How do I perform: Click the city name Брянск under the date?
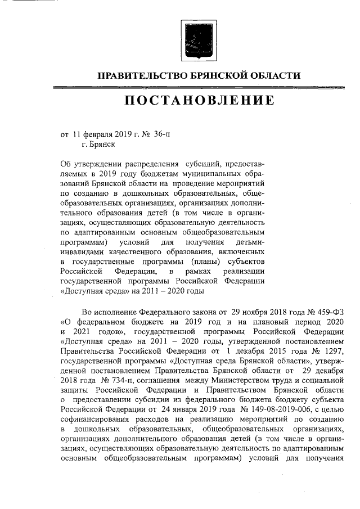101,145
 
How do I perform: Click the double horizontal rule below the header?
199,87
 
